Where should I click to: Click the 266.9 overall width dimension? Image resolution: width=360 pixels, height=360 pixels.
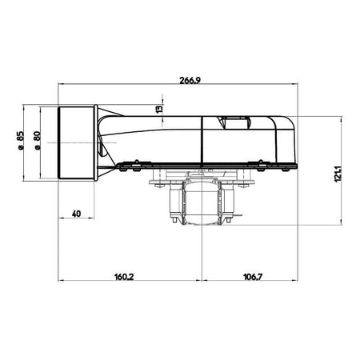(190, 80)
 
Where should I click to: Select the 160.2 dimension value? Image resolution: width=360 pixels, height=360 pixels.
(124, 277)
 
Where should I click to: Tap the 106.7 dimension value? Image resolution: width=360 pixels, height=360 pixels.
(253, 277)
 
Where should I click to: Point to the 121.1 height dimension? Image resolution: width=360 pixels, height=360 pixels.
(338, 174)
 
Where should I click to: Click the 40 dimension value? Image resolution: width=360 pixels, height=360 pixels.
(76, 214)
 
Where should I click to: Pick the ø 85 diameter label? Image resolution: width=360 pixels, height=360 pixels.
(21, 141)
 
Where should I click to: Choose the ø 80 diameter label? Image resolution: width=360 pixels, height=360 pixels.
(38, 141)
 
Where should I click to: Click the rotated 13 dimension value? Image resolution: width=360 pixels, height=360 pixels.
(159, 109)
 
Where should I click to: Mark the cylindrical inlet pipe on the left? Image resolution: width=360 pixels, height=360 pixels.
(76, 142)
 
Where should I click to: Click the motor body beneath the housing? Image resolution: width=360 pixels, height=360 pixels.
(202, 202)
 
